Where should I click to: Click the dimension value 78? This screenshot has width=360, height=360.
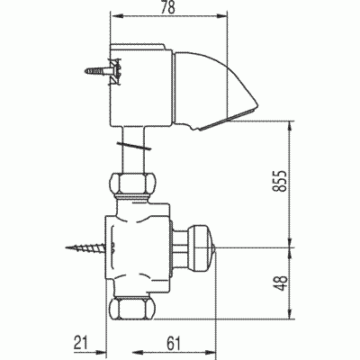tap(168, 7)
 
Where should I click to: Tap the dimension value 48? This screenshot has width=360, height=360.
tap(281, 283)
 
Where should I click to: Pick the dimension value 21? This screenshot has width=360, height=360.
tap(81, 343)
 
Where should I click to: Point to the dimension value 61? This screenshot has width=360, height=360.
tap(174, 343)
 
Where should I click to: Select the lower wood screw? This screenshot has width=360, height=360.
tap(85, 248)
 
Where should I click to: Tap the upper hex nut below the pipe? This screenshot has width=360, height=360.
tap(131, 184)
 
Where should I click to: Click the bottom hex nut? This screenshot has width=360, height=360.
tap(132, 309)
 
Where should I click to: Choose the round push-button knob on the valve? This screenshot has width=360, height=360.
tap(201, 247)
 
